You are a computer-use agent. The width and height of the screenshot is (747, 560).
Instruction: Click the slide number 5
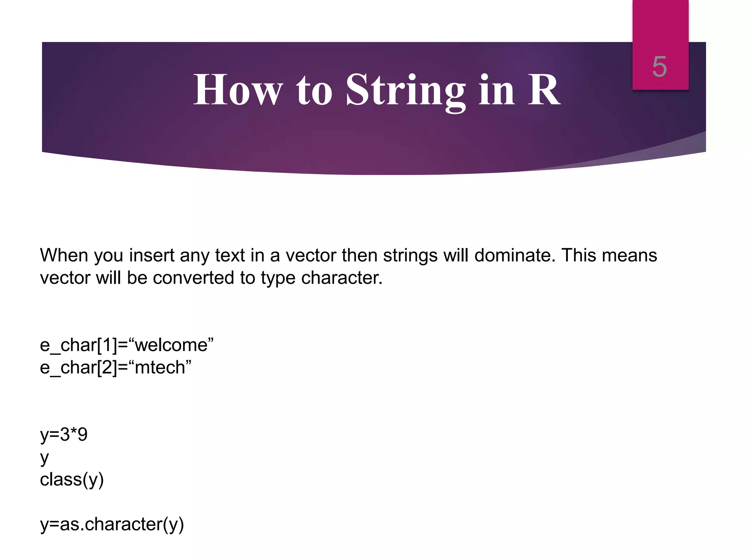tap(659, 67)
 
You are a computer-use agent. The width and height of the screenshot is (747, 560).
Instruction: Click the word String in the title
tap(406, 90)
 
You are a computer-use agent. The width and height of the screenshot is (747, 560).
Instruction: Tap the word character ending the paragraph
tap(341, 278)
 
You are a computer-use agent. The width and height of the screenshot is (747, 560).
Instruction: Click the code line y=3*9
tap(64, 435)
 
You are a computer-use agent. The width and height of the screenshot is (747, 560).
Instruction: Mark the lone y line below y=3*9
tap(44, 458)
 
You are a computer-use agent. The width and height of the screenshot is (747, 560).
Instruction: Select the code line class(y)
tap(72, 479)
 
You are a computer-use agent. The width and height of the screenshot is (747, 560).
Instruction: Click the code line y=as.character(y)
tap(112, 524)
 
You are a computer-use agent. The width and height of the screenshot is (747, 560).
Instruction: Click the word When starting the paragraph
tap(64, 255)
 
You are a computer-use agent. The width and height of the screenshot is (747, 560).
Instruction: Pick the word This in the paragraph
tap(579, 255)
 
